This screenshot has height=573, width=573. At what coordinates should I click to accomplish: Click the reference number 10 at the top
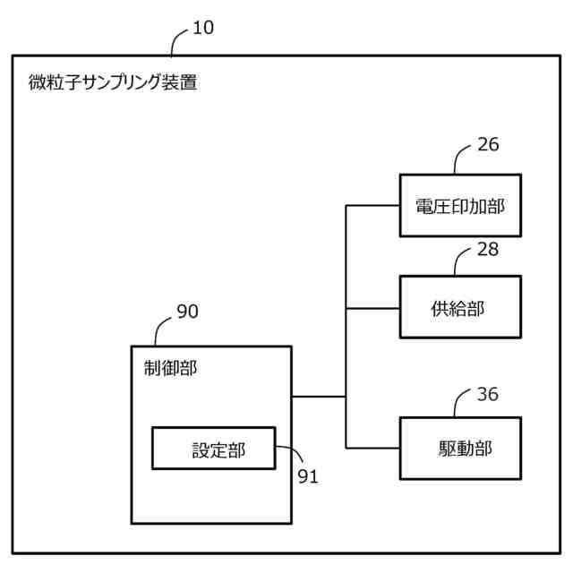[203, 28]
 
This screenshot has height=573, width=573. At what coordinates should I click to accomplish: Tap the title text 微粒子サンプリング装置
[113, 83]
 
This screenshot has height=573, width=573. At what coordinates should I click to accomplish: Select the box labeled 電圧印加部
[459, 205]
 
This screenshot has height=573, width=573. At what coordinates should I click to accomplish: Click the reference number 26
[488, 145]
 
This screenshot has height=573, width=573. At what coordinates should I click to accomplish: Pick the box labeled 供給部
[459, 307]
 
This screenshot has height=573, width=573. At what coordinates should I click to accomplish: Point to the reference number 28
[488, 249]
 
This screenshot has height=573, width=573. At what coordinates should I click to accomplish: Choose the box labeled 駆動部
[459, 448]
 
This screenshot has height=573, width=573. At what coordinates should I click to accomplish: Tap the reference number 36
[488, 394]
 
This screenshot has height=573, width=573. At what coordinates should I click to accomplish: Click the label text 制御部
[170, 367]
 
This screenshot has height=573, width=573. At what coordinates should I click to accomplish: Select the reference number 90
[187, 312]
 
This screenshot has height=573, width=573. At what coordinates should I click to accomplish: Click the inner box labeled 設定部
[213, 448]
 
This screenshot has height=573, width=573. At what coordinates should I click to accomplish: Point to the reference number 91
[308, 476]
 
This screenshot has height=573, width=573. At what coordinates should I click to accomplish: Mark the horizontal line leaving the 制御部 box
[319, 396]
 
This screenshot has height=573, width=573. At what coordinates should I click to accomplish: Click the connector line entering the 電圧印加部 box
[373, 205]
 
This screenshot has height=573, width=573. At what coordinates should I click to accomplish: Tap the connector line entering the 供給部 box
[373, 308]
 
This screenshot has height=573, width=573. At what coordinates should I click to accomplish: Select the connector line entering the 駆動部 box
[373, 448]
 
